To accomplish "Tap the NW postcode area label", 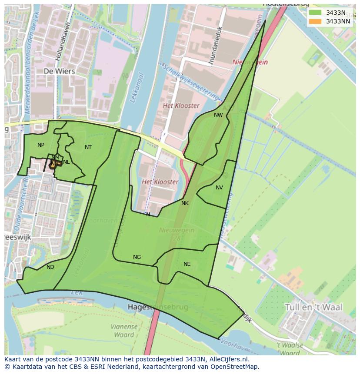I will point(218,115).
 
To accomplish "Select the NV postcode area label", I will point(219,188).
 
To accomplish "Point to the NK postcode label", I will point(185,203).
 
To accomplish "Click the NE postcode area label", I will point(187,264).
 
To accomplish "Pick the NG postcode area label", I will point(137,257).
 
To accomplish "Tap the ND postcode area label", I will point(50,267).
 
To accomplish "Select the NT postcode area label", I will point(88,147).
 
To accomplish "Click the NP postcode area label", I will point(41,145).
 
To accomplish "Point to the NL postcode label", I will point(66,162).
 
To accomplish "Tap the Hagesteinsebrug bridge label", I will point(158,307).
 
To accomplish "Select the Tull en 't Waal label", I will point(313,307).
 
